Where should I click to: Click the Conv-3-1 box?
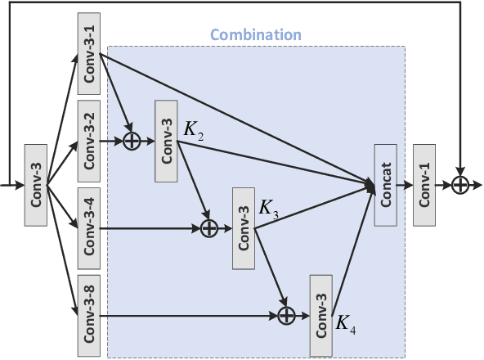click(89, 54)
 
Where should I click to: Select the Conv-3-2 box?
click(89, 142)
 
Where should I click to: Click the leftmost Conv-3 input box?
click(36, 186)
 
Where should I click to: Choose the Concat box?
click(385, 186)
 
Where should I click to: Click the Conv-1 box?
click(425, 186)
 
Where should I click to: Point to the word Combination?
click(256, 36)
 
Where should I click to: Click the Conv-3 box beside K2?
click(165, 142)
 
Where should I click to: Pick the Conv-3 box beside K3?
click(244, 228)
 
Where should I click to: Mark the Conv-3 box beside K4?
click(321, 316)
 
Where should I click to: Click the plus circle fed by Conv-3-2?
click(132, 142)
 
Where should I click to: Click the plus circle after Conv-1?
click(460, 186)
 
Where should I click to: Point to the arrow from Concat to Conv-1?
click(405, 186)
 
